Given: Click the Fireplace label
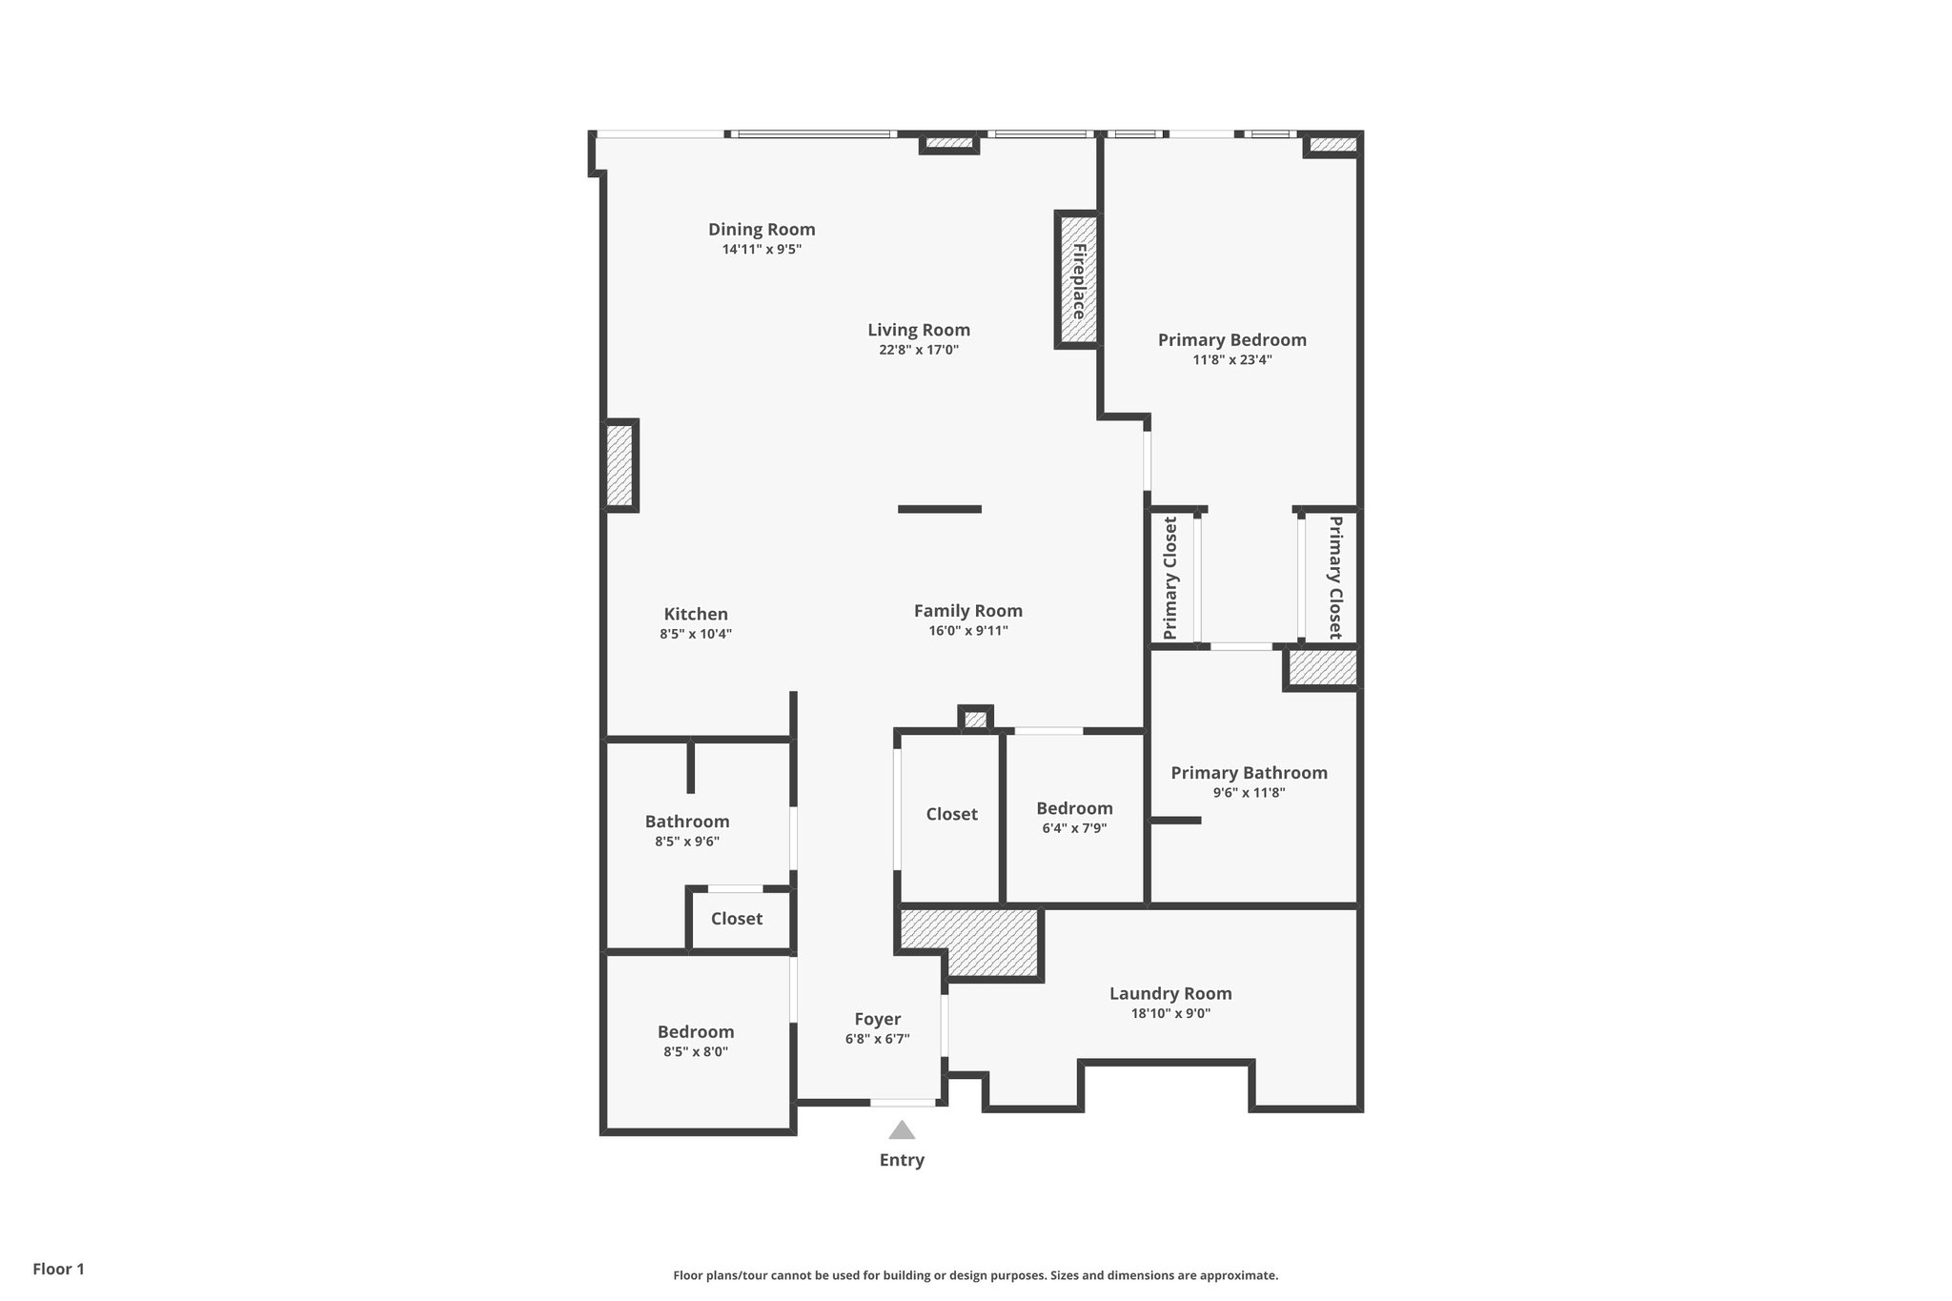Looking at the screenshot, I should (x=1079, y=281).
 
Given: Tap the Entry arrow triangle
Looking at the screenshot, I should (x=902, y=1130).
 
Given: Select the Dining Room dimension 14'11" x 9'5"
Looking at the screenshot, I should (x=762, y=250).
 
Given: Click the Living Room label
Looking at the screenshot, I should (x=919, y=330).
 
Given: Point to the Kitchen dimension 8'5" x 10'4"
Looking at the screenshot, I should (x=696, y=634).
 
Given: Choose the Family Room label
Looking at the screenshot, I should (x=967, y=611).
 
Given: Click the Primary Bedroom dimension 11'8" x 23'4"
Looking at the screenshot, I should (x=1231, y=360).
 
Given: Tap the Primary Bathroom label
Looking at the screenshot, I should (x=1249, y=773).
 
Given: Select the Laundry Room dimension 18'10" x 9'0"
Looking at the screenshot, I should (x=1170, y=1014).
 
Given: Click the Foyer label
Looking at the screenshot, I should (x=877, y=1019).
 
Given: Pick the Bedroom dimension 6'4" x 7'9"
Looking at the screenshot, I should (x=1074, y=828).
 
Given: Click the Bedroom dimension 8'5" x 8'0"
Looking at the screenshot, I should (x=696, y=1052).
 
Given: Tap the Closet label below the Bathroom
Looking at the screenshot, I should (x=737, y=919).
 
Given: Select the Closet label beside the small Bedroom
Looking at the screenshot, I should (x=951, y=814).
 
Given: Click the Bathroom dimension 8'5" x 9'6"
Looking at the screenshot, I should (x=686, y=842).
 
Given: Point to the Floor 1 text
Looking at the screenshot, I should (x=59, y=1269).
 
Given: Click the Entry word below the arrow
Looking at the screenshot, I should (x=902, y=1160).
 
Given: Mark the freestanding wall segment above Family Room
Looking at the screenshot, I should (x=940, y=509).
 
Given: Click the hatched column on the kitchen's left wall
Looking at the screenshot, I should (x=620, y=465).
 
